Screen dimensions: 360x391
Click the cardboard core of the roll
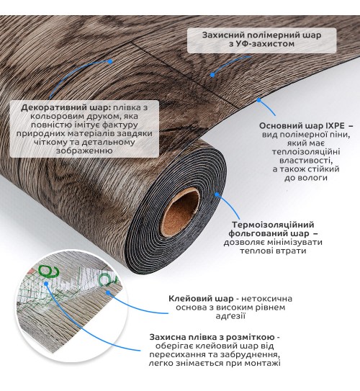tap(181, 212)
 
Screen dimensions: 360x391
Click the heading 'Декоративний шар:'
tap(66, 108)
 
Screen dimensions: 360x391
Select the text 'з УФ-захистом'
tap(262, 44)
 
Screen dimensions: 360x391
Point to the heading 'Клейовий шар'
tap(201, 299)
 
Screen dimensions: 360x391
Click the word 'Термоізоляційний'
tap(273, 225)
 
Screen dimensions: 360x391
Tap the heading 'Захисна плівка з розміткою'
tap(211, 337)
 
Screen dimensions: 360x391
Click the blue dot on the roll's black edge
tap(217, 194)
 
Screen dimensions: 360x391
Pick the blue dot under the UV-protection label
tap(212, 74)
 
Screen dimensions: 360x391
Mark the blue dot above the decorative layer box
tap(110, 61)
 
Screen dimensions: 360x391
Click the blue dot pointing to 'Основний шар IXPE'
tap(258, 100)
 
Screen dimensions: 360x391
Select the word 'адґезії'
tap(230, 316)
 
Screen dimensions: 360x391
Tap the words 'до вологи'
tap(306, 178)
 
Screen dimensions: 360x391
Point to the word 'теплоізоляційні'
tap(306, 152)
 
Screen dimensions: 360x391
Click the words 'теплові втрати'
tap(273, 251)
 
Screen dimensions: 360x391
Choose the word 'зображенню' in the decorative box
tap(84, 150)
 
